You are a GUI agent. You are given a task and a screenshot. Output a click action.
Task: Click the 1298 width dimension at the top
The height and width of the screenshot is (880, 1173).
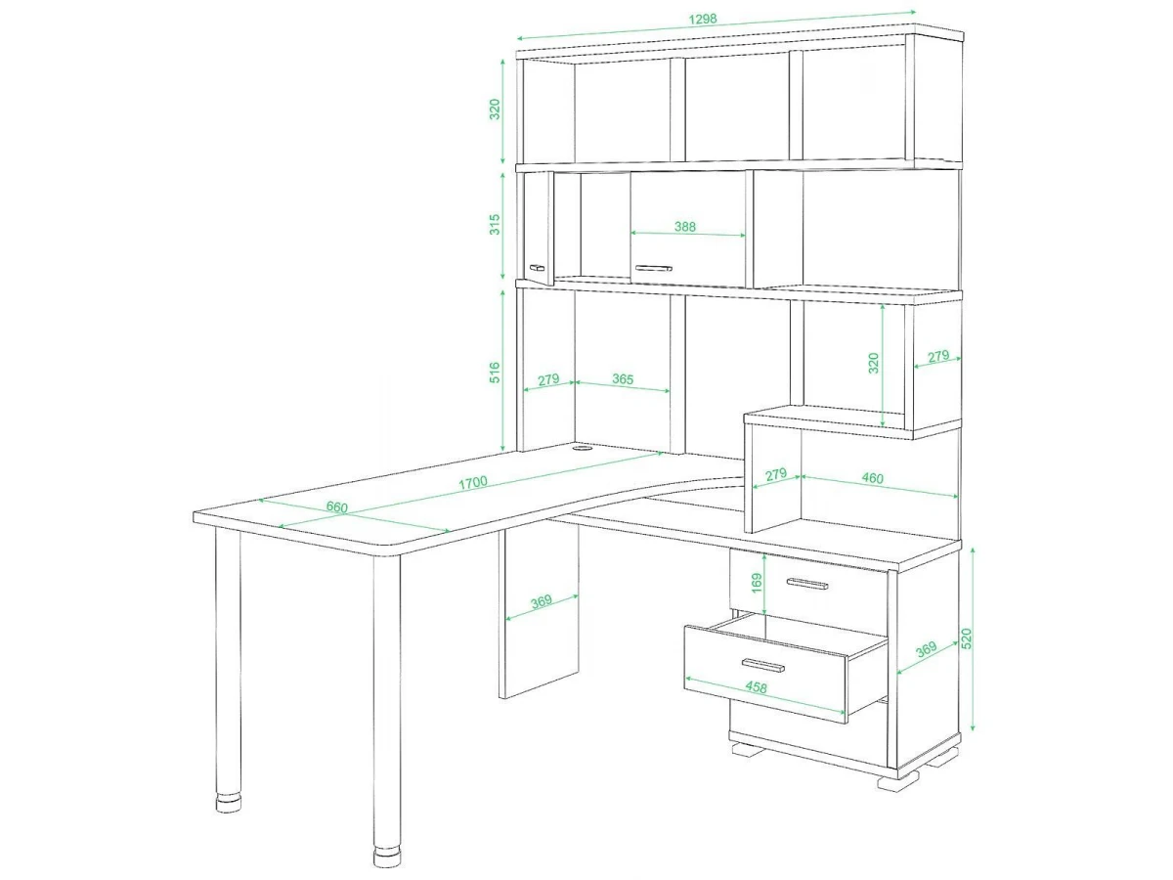click(x=702, y=20)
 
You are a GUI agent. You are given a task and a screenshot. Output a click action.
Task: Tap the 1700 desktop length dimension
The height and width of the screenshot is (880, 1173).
click(x=473, y=482)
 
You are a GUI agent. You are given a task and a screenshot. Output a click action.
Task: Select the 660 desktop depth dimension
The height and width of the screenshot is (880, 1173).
click(x=336, y=506)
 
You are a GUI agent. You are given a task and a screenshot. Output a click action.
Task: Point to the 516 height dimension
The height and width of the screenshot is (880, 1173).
click(x=495, y=373)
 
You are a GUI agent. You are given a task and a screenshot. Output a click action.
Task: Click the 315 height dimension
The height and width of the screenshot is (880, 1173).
click(x=495, y=225)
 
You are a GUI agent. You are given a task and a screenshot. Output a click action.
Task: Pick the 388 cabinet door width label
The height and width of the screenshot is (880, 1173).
click(x=684, y=227)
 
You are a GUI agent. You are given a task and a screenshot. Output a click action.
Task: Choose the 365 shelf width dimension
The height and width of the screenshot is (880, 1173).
click(x=623, y=378)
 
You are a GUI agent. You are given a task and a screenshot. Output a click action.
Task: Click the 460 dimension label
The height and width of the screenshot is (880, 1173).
click(x=872, y=478)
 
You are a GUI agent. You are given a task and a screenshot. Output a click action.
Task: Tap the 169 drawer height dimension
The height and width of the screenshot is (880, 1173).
click(x=757, y=583)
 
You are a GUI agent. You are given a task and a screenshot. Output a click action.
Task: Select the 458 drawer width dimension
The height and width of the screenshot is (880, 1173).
click(x=756, y=687)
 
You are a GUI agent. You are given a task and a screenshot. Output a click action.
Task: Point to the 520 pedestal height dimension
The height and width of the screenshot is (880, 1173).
click(x=966, y=639)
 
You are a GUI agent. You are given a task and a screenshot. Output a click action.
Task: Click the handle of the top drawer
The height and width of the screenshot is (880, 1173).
click(x=807, y=584)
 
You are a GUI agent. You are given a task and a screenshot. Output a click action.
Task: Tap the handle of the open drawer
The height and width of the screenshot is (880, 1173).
click(x=763, y=665)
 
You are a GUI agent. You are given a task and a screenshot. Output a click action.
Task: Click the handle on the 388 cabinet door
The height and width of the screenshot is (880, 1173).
click(x=653, y=268)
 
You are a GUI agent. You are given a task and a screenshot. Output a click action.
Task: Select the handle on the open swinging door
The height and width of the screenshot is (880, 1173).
click(x=537, y=267)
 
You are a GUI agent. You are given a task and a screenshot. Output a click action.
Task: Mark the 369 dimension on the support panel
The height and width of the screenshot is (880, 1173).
click(x=541, y=601)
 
